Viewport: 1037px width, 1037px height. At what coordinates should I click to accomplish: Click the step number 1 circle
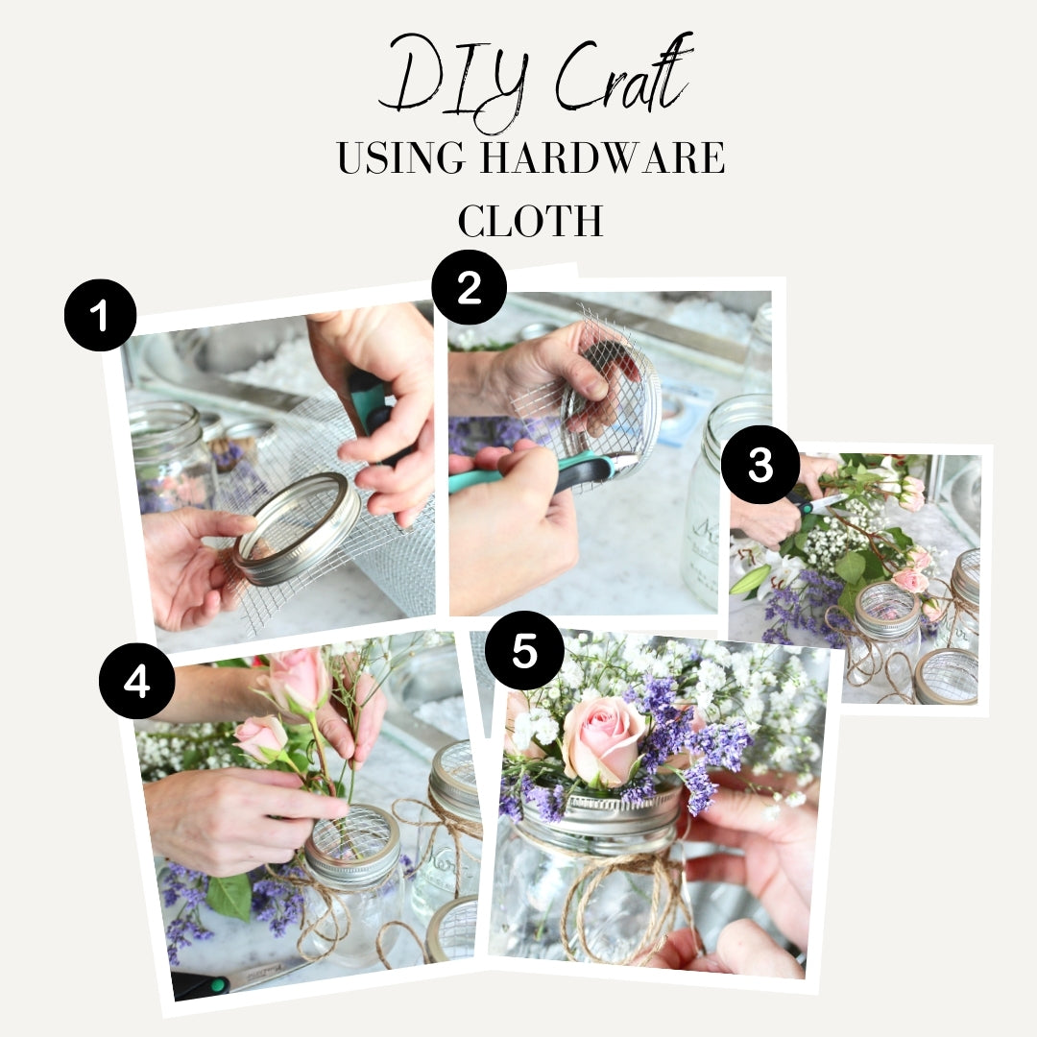(x=101, y=316)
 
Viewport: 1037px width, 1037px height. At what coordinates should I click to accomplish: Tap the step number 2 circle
(x=469, y=288)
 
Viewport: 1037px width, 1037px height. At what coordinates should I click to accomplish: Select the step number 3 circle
(x=760, y=465)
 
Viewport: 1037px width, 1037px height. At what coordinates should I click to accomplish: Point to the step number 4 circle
(x=137, y=681)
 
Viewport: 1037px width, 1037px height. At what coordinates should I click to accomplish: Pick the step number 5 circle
(x=524, y=651)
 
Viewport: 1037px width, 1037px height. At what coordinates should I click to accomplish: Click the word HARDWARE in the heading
(x=602, y=157)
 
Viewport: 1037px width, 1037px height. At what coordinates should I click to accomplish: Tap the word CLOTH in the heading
(x=530, y=221)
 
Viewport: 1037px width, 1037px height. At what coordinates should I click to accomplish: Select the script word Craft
(x=623, y=76)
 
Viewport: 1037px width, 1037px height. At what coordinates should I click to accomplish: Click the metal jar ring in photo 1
(x=296, y=528)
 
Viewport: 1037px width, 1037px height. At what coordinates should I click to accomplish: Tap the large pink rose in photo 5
(x=603, y=739)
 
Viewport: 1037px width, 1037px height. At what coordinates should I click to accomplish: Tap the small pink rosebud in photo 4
(x=260, y=738)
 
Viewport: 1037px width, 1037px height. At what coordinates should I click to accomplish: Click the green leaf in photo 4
(x=229, y=896)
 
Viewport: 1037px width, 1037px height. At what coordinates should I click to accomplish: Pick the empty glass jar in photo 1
(x=171, y=456)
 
